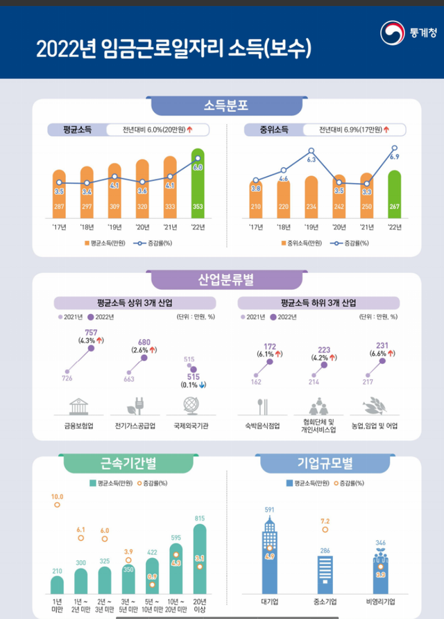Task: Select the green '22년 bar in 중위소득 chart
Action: pyautogui.click(x=394, y=194)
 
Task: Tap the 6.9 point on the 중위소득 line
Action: pyautogui.click(x=394, y=148)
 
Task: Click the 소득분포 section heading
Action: pyautogui.click(x=226, y=106)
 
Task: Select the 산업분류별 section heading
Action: pyautogui.click(x=226, y=280)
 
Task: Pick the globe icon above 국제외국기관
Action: pyautogui.click(x=191, y=405)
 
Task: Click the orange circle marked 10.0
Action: pyautogui.click(x=58, y=505)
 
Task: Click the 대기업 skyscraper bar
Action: pyautogui.click(x=271, y=555)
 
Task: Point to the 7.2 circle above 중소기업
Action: pyautogui.click(x=325, y=530)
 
